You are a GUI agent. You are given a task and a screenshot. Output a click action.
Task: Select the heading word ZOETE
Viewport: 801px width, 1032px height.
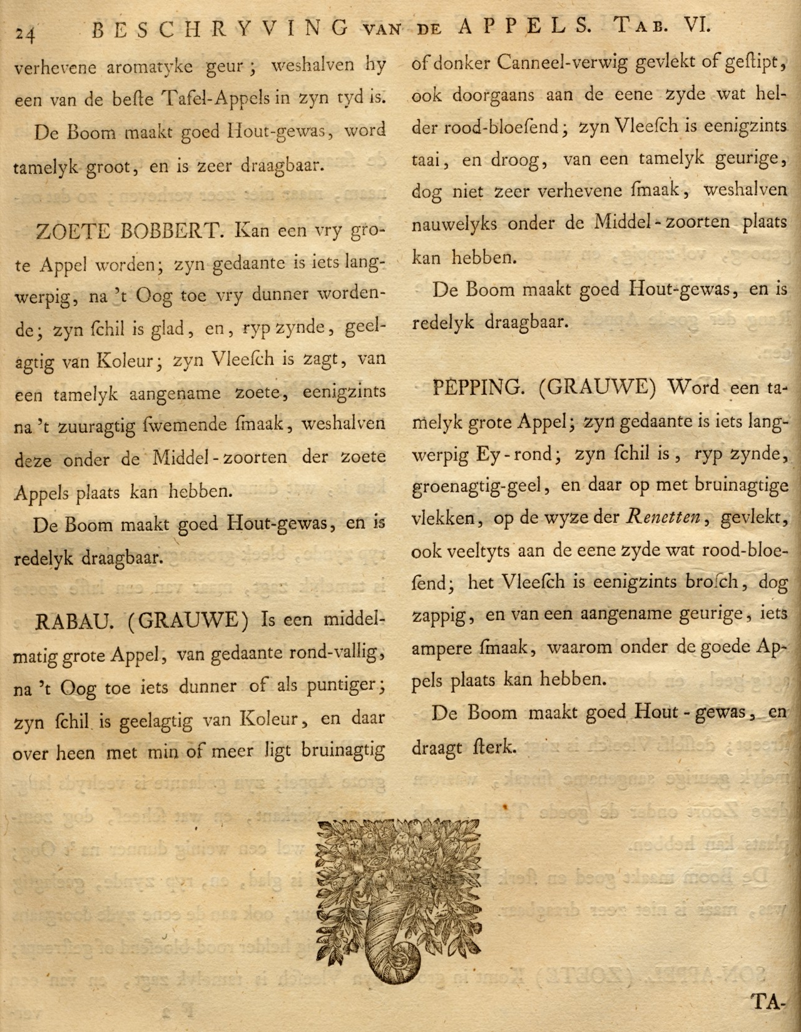pyautogui.click(x=72, y=232)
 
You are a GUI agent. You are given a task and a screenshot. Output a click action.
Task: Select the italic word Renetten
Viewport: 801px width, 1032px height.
pyautogui.click(x=665, y=518)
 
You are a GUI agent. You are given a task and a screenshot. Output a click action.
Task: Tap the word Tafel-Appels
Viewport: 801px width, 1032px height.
pyautogui.click(x=215, y=98)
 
